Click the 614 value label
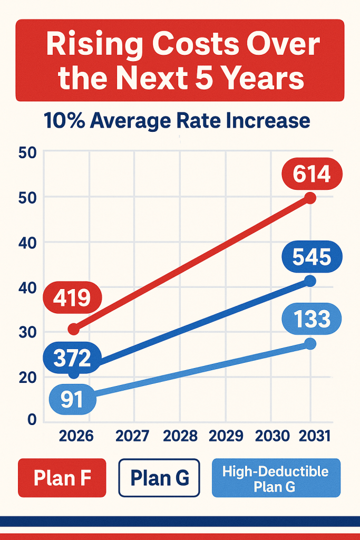[x=312, y=174]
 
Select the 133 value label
[x=312, y=319]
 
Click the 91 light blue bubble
[x=72, y=399]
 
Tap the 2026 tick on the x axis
[x=76, y=436]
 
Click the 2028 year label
[x=180, y=436]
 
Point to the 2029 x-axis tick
[x=226, y=436]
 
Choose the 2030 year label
[x=272, y=436]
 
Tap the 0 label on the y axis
[x=31, y=419]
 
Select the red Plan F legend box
[x=62, y=478]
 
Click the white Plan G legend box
[x=160, y=478]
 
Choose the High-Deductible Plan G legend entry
[x=276, y=478]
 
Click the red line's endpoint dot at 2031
[x=310, y=198]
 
